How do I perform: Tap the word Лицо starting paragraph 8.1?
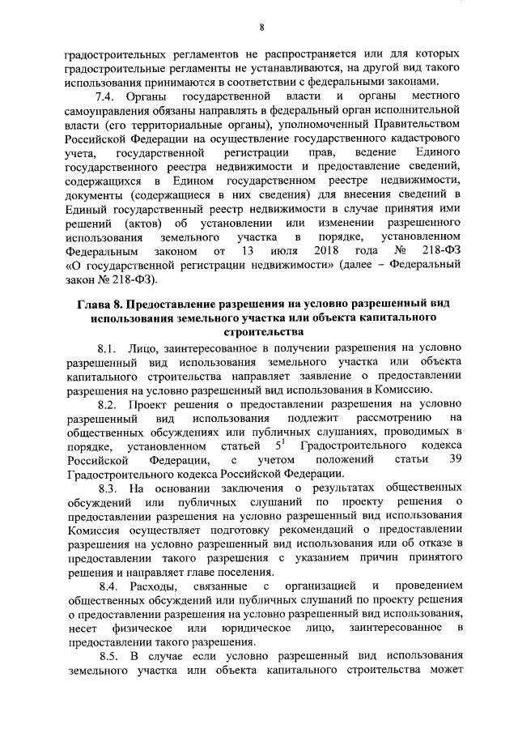click(x=153, y=348)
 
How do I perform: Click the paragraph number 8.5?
click(x=109, y=657)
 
